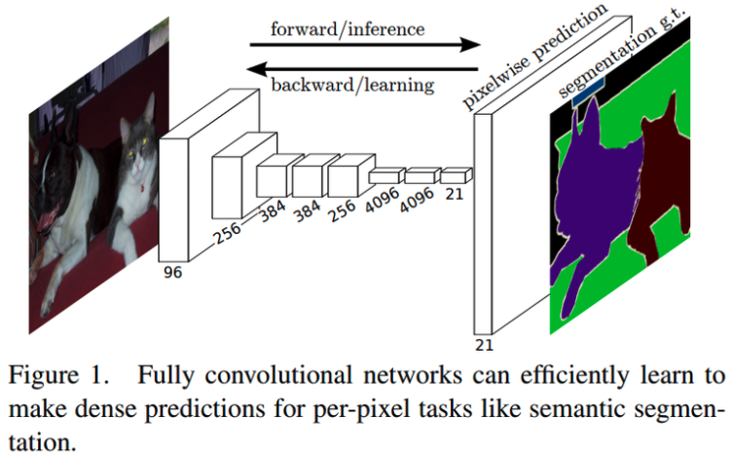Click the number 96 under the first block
tap(172, 273)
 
